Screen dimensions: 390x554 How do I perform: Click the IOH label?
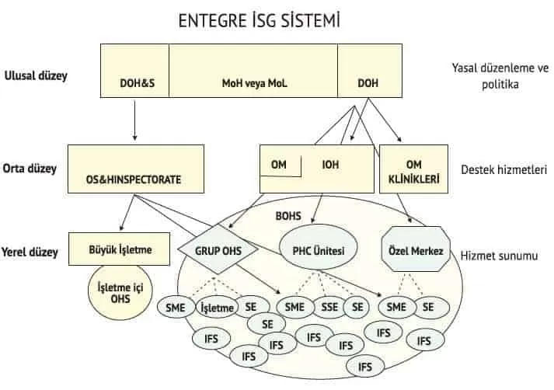tap(331, 165)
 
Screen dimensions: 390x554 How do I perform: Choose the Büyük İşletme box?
tap(120, 249)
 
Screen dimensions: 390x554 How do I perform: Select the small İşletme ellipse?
tap(218, 308)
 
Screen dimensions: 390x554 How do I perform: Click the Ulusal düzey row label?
tap(36, 76)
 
